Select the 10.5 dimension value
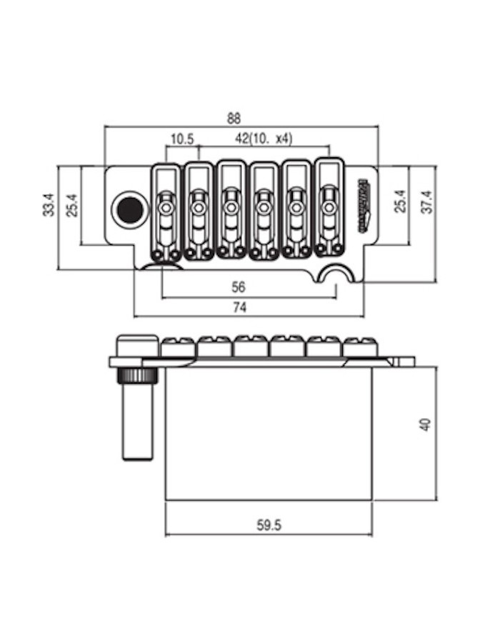coord(182,138)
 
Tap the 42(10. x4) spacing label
coord(263,138)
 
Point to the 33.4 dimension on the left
coord(48,204)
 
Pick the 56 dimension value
coord(239,287)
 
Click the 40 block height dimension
coord(426,424)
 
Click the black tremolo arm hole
coord(129,210)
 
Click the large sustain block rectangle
coord(268,433)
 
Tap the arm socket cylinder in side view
coord(139,422)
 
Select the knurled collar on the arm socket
coord(139,376)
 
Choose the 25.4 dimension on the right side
coord(401,202)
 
